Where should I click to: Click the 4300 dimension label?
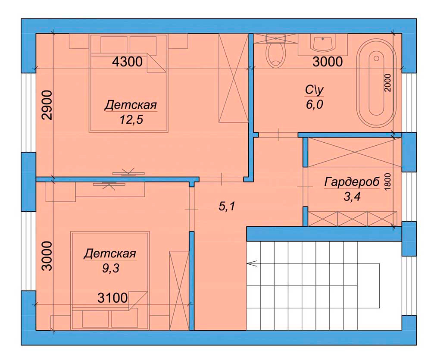pos(127,62)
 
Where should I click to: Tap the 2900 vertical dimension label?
pos(47,105)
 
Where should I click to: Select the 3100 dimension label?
pos(112,298)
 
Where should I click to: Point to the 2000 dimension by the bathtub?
pos(387,83)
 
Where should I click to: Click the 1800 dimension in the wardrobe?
pos(387,182)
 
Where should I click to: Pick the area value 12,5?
pos(131,120)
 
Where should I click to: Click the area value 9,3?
pos(111,268)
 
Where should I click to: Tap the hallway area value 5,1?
pos(227,206)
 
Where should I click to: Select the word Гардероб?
pos(352,182)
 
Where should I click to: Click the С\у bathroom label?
pos(314,90)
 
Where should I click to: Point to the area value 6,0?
pos(315,104)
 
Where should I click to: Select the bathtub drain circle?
pos(376,58)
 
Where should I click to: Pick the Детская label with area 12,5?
pos(131,105)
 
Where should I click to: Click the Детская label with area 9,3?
pos(110,254)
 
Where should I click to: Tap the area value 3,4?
pos(352,197)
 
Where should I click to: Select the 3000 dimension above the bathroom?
pos(328,62)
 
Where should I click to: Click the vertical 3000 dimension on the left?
pos(47,257)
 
